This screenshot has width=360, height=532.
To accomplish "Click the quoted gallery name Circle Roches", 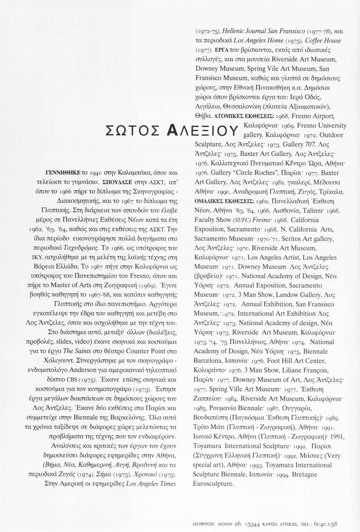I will click(259, 173).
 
